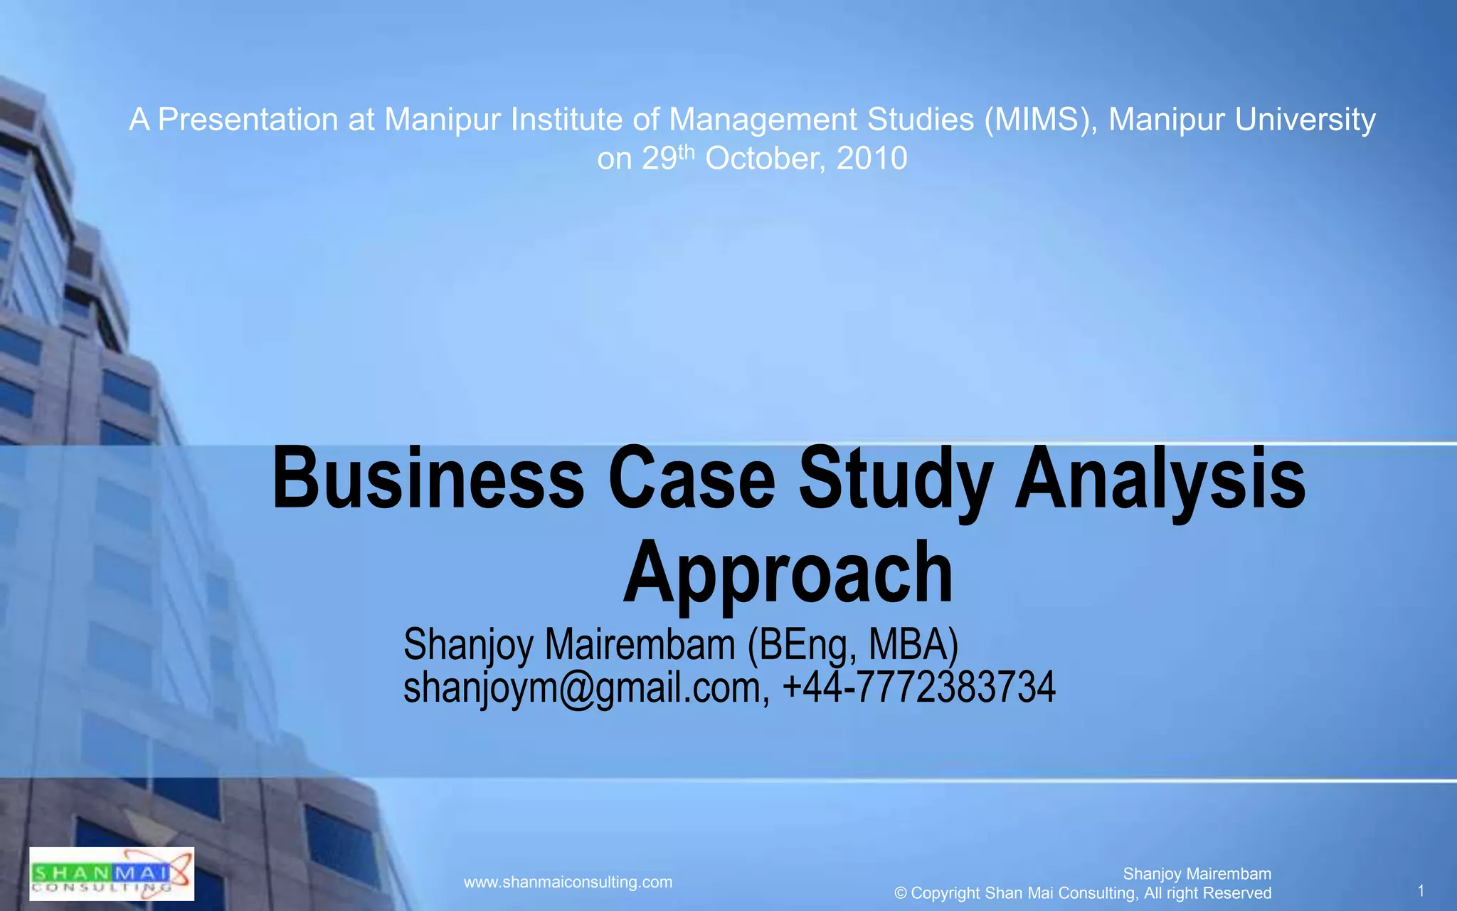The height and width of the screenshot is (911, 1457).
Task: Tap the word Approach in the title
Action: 788,573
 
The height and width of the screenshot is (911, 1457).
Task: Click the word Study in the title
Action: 896,478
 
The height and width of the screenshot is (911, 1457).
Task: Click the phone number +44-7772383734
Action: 918,688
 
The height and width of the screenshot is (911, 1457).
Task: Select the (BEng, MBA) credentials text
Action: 852,645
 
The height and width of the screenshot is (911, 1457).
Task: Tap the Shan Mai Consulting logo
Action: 112,874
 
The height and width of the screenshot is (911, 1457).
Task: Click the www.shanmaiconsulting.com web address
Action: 568,883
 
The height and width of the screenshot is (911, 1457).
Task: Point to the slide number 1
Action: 1421,891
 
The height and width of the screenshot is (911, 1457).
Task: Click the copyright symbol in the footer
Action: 901,893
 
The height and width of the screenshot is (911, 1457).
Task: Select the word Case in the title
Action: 692,478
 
